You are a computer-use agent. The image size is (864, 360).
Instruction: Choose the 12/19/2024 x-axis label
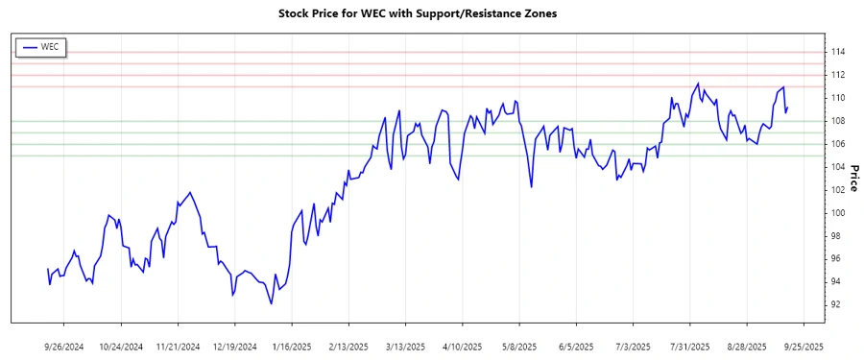pyautogui.click(x=235, y=346)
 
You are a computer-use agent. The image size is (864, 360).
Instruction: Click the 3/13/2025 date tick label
pyautogui.click(x=405, y=346)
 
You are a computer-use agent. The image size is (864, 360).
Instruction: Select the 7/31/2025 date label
pyautogui.click(x=689, y=346)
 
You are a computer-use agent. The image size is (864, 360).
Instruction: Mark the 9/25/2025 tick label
pyautogui.click(x=803, y=346)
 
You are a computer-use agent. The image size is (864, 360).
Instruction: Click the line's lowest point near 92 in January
pyautogui.click(x=272, y=304)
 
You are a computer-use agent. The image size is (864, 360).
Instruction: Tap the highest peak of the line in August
pyautogui.click(x=698, y=84)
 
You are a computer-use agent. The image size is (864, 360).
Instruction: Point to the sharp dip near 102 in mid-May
pyautogui.click(x=531, y=186)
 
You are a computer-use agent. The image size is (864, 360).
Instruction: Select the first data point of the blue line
pyautogui.click(x=47, y=269)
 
